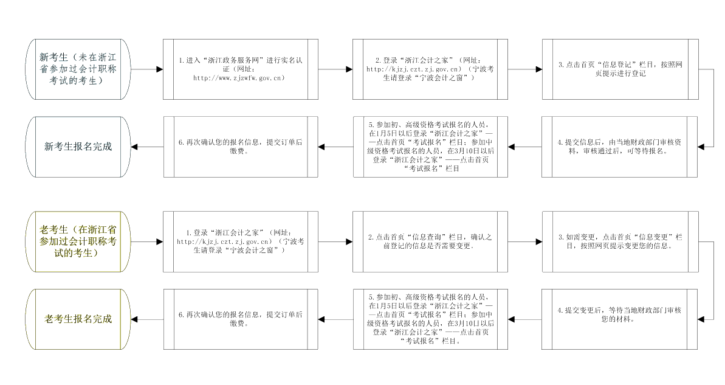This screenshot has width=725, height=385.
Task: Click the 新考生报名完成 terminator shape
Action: [x=78, y=147]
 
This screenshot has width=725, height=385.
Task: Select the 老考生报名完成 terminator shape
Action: [x=78, y=319]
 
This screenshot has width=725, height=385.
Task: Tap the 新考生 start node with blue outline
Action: [x=78, y=69]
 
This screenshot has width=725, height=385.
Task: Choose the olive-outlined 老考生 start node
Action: [x=78, y=241]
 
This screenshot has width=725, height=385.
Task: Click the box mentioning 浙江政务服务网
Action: [x=241, y=69]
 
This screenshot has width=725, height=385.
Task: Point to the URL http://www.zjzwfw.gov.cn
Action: [x=239, y=78]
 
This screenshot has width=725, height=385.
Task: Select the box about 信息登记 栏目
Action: [x=620, y=69]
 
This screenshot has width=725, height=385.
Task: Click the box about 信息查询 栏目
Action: [x=430, y=241]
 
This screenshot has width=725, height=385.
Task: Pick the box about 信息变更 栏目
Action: [x=620, y=241]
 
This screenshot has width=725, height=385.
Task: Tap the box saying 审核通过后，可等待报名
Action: [x=620, y=147]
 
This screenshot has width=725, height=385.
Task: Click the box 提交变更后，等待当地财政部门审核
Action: [x=620, y=319]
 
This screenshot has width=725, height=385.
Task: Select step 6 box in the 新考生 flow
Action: [x=241, y=147]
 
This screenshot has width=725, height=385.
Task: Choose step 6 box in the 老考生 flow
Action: [x=241, y=319]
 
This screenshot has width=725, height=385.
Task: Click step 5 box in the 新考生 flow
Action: [x=430, y=147]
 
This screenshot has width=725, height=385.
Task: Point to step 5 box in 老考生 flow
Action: [x=430, y=319]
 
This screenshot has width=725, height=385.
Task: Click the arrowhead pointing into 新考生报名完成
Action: [x=134, y=147]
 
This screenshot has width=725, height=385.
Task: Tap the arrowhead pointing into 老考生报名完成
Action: [x=134, y=319]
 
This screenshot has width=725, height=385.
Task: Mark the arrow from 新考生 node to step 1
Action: [x=147, y=69]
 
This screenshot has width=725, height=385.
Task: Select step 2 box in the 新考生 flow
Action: [x=430, y=69]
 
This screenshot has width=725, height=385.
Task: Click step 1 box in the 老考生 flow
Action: [x=241, y=241]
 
